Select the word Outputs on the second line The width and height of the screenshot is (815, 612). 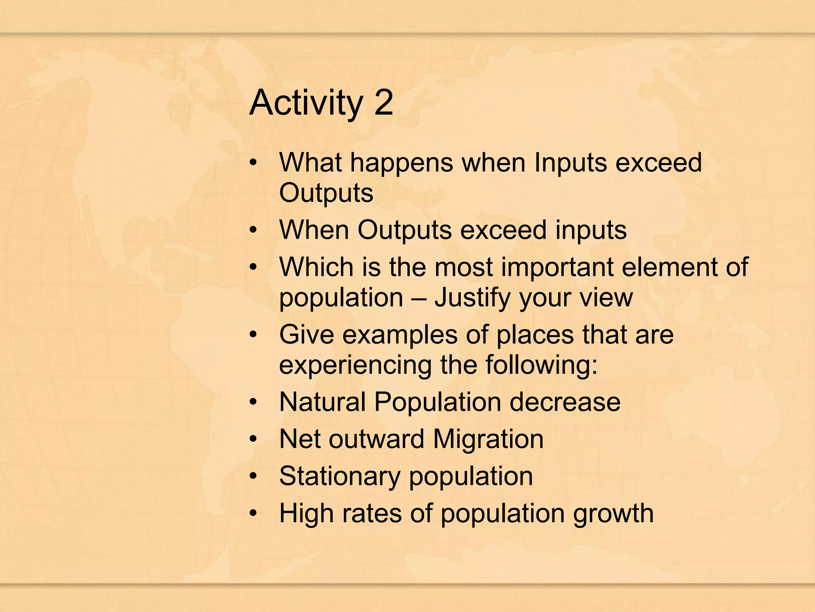click(x=326, y=193)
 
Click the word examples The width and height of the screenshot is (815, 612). click(x=400, y=334)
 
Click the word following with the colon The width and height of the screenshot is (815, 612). click(x=541, y=365)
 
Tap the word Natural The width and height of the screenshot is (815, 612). click(x=322, y=402)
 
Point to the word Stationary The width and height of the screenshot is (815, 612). click(x=339, y=476)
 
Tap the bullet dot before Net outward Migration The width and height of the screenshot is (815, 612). click(x=253, y=439)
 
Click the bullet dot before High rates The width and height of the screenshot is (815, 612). click(x=253, y=514)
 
